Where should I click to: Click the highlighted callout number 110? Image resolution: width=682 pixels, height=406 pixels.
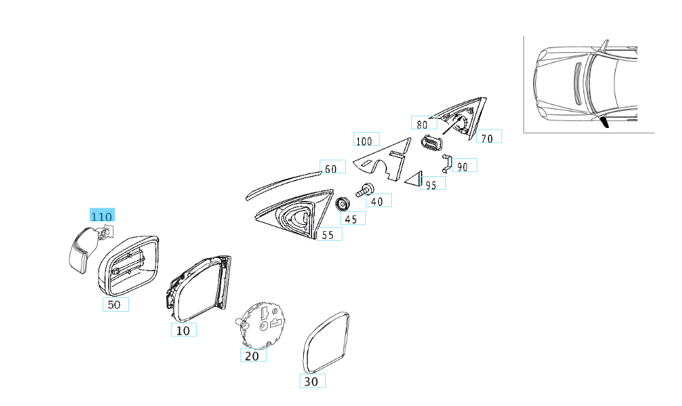pyautogui.click(x=102, y=216)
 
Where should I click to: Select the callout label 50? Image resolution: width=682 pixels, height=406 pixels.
pyautogui.click(x=115, y=304)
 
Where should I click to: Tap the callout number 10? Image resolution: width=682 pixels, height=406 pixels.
pyautogui.click(x=183, y=330)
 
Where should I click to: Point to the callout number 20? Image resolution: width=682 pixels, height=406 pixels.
pyautogui.click(x=253, y=356)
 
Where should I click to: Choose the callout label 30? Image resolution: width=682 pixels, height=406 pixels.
pyautogui.click(x=312, y=381)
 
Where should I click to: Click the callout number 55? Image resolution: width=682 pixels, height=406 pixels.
pyautogui.click(x=328, y=235)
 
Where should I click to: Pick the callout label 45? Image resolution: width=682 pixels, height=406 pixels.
pyautogui.click(x=352, y=218)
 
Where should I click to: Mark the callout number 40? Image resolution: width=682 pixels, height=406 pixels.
pyautogui.click(x=378, y=201)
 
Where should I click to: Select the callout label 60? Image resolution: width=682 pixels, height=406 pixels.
pyautogui.click(x=331, y=169)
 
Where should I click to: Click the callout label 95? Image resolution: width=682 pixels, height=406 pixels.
pyautogui.click(x=432, y=184)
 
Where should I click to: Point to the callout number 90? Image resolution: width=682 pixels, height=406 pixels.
pyautogui.click(x=463, y=166)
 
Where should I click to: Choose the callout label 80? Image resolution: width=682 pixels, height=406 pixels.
pyautogui.click(x=423, y=124)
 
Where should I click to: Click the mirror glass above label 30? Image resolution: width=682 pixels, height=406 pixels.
pyautogui.click(x=327, y=341)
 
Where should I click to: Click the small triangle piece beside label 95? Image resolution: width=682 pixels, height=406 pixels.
pyautogui.click(x=414, y=180)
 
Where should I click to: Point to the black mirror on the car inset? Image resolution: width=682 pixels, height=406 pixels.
pyautogui.click(x=604, y=122)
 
